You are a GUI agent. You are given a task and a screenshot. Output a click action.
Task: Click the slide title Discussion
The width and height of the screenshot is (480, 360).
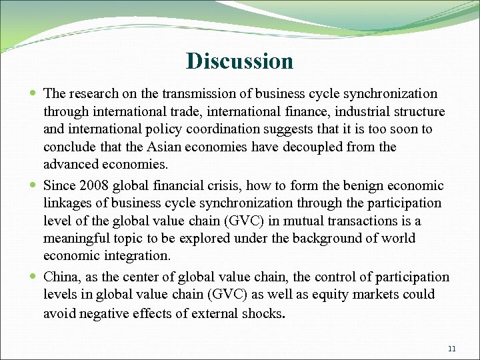coord(240,61)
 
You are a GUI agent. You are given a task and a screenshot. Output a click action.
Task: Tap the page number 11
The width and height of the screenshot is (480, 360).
coord(452,349)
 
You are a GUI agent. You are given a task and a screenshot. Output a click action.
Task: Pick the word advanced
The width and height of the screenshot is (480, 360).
coord(70,164)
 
